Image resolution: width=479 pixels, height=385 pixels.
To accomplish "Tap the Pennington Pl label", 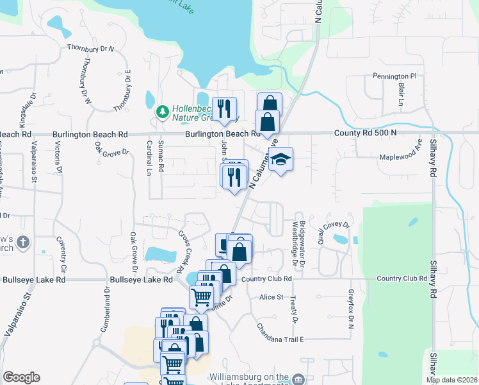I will coord(394,76).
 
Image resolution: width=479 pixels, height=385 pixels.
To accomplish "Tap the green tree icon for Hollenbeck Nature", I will coord(163,112).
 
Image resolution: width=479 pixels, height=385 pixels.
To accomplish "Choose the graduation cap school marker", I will coord(280,160).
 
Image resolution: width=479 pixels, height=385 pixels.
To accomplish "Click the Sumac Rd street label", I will coord(161,156).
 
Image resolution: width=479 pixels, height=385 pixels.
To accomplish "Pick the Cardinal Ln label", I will coord(149,158).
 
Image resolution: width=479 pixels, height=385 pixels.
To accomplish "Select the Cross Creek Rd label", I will coord(186,248).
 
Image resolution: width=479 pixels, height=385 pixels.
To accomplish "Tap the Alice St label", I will coord(272,297).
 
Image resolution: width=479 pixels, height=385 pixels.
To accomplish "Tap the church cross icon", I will coord(23,243).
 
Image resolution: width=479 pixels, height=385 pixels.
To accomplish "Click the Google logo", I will coord(22,377).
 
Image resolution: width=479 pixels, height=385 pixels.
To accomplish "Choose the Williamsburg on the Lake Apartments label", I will coord(250,379).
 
